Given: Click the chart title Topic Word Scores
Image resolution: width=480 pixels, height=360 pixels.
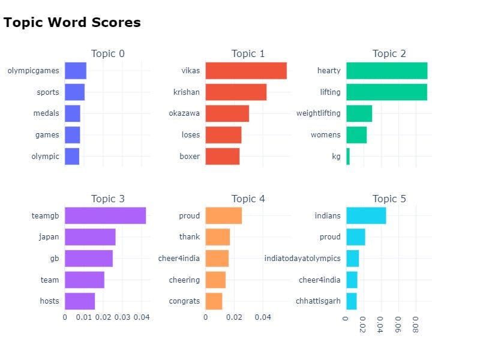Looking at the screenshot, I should pyautogui.click(x=72, y=23).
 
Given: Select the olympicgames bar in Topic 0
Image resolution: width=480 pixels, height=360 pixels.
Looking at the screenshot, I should pyautogui.click(x=76, y=71).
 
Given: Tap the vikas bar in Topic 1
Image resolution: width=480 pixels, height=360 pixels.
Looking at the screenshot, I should pyautogui.click(x=245, y=71).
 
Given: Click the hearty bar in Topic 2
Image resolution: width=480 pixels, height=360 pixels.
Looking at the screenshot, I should pyautogui.click(x=386, y=71).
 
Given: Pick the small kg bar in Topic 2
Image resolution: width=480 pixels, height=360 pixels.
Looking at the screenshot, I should pyautogui.click(x=348, y=157).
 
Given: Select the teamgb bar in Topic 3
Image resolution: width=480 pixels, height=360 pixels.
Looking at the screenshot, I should pyautogui.click(x=105, y=215).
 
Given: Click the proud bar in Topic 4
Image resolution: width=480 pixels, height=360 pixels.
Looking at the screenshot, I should pyautogui.click(x=223, y=215).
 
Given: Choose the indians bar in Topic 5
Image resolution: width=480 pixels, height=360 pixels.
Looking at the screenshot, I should pyautogui.click(x=366, y=215).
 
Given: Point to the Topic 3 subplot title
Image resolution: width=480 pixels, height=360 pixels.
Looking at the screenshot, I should pyautogui.click(x=108, y=199).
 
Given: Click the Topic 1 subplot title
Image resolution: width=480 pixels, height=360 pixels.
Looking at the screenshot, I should pyautogui.click(x=248, y=54).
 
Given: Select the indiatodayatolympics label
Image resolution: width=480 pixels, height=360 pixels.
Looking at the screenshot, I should pyautogui.click(x=302, y=259).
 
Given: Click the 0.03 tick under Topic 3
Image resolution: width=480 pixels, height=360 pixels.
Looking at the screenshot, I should pyautogui.click(x=122, y=317).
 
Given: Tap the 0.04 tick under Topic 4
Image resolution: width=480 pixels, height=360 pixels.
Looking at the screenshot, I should pyautogui.click(x=263, y=317).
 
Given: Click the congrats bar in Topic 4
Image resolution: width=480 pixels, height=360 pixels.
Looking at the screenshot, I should pyautogui.click(x=214, y=301).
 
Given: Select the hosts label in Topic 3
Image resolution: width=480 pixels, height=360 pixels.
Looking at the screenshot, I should pyautogui.click(x=50, y=301).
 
